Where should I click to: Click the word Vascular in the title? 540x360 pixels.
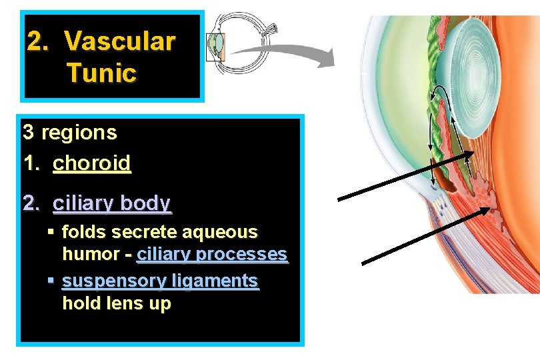[x=120, y=41]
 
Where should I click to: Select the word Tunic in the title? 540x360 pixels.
[x=101, y=72]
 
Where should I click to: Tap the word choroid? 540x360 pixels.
[x=92, y=163]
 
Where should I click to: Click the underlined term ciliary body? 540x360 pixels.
[x=112, y=203]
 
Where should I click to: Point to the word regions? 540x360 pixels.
[x=79, y=132]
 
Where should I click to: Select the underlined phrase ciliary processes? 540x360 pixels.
[x=212, y=254]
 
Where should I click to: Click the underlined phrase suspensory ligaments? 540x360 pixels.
[x=160, y=281]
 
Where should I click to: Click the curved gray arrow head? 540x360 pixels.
[x=325, y=59]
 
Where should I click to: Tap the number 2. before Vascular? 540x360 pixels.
[x=37, y=41]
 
